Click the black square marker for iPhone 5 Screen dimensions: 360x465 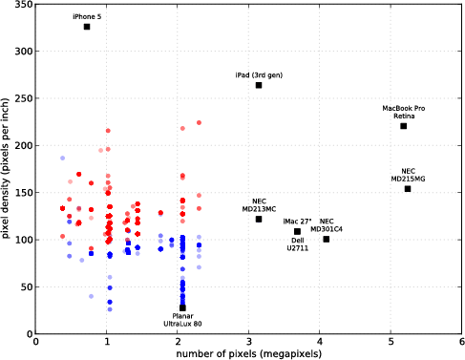tap(87, 27)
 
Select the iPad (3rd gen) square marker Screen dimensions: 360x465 tap(259, 85)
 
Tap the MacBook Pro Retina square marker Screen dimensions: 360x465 tap(403, 126)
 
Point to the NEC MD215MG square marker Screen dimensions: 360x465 tap(408, 189)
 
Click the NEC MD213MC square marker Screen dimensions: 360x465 tap(259, 219)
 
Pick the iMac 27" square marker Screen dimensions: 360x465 tap(298, 231)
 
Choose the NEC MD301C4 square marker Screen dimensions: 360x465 tap(327, 239)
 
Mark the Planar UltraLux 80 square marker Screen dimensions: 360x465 tap(182, 307)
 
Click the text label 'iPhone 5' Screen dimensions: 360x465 tap(87, 16)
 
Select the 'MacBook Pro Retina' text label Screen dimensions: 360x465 tap(403, 112)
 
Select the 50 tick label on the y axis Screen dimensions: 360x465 tap(25, 286)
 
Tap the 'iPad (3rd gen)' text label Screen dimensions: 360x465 tap(259, 74)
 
